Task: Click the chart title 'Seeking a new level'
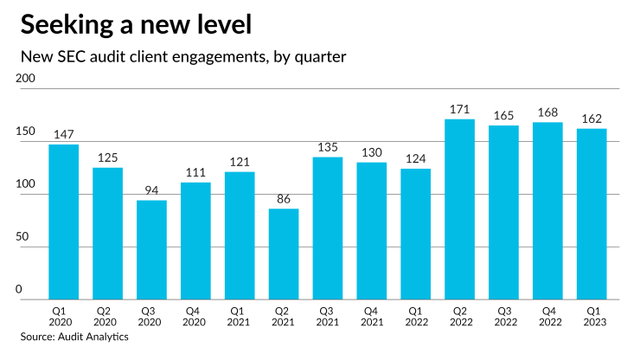(137, 25)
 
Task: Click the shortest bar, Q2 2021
(284, 254)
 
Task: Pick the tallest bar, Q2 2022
(459, 209)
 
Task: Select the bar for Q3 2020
(151, 250)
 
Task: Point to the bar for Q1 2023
(592, 214)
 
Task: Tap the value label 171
(459, 110)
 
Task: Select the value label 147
(63, 135)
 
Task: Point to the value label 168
(547, 113)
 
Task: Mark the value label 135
(328, 148)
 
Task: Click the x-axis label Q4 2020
(195, 318)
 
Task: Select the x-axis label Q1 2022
(415, 318)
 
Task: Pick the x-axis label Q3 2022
(503, 318)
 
